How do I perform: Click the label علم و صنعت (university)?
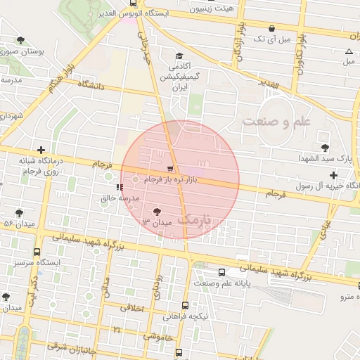click(276, 122)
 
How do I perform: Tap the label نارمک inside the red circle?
click(194, 221)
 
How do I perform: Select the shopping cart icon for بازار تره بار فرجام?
click(170, 169)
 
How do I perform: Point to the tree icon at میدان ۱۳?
click(156, 211)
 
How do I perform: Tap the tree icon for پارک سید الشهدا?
click(324, 147)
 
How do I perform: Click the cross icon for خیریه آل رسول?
click(333, 174)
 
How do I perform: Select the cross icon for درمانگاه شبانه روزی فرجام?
click(41, 150)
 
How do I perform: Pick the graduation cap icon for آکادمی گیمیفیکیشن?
click(179, 56)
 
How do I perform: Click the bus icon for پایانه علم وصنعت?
click(221, 271)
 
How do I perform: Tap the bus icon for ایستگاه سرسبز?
click(37, 251)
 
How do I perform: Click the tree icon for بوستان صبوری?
click(20, 40)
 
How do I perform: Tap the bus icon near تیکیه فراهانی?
click(185, 305)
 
